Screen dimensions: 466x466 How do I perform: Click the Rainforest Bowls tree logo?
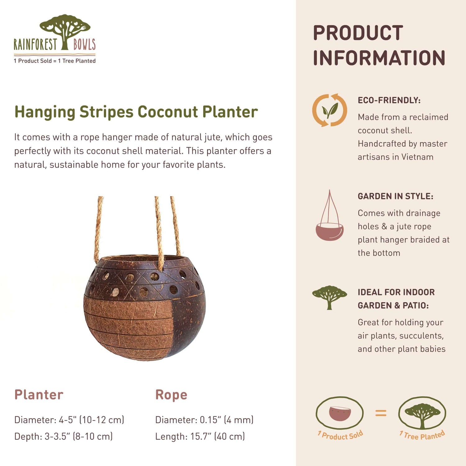65,31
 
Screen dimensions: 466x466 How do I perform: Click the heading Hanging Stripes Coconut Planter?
136,112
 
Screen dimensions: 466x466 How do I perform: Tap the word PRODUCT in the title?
358,33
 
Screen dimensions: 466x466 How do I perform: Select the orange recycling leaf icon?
330,110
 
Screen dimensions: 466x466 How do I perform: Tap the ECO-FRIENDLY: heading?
389,100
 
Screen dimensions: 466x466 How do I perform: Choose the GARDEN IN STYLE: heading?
395,196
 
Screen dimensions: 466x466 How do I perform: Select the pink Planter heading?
39,395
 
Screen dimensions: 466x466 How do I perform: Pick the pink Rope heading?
171,395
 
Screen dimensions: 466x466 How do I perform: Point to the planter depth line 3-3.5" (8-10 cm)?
78,436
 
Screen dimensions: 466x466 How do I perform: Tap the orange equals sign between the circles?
381,413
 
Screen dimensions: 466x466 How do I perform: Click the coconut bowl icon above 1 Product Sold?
340,413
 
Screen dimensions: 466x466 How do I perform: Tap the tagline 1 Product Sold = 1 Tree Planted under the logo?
55,61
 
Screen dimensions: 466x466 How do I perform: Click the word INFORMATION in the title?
379,58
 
